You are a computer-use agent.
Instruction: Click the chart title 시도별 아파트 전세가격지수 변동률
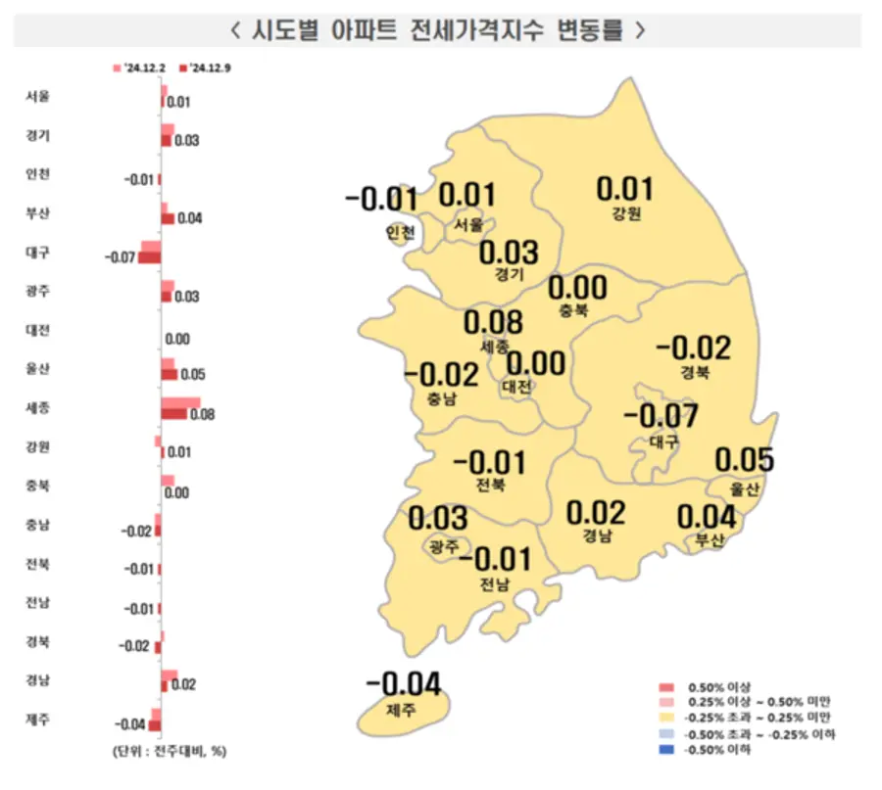tap(438, 29)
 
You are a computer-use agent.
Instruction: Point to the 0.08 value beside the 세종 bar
tap(202, 415)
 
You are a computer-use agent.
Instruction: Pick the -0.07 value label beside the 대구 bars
tap(119, 257)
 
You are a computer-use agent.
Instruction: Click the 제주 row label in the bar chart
tap(40, 719)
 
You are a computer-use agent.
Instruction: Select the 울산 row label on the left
tap(40, 368)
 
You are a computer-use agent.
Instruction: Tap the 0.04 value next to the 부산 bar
tap(190, 218)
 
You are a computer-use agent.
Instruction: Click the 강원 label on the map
tap(625, 214)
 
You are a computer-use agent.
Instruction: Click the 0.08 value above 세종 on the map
tap(493, 322)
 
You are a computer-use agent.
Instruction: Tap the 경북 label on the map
tap(695, 373)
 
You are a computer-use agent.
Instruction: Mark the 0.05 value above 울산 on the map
tap(744, 459)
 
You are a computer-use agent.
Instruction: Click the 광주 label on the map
tap(444, 546)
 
